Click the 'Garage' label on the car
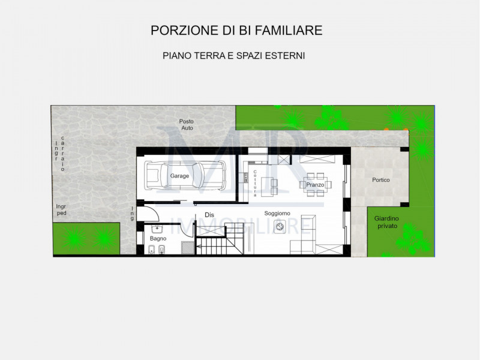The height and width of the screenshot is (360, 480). pos(179,176)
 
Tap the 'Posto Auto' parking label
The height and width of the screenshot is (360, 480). pos(186,125)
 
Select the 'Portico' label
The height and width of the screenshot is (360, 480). pos(380,179)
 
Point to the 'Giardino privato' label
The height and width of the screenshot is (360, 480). pos(386,222)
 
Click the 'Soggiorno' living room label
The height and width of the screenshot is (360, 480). pos(277,213)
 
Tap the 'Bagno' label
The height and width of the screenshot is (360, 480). pos(158,239)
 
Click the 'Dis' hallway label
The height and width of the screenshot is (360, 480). pos(209,214)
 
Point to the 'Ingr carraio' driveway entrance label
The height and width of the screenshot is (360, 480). pos(59,155)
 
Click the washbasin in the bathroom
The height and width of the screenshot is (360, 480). pos(157,229)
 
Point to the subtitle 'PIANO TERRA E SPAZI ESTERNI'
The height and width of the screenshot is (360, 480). pos(234,55)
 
